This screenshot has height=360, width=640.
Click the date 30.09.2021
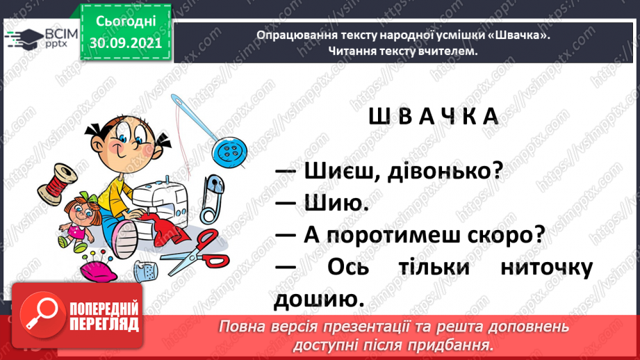point(126,43)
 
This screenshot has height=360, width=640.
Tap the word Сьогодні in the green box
point(126,22)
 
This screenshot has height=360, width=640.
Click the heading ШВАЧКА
point(434,117)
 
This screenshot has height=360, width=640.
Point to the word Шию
point(336,203)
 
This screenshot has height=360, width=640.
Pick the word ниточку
point(546,268)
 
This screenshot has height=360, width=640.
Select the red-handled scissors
point(197,252)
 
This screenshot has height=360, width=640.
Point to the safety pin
point(212,199)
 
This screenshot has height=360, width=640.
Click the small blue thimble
point(146,271)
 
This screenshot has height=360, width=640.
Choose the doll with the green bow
point(79,222)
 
